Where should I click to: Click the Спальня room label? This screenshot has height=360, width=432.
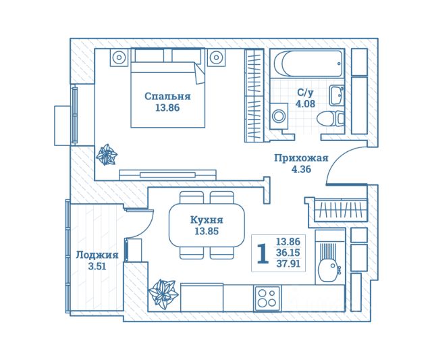point(167,96)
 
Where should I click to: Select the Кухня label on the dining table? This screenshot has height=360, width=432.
point(207,220)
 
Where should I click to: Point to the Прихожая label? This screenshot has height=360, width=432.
point(301,158)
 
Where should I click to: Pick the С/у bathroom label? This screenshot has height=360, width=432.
point(305,93)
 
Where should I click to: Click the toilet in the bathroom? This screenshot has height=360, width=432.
point(329,117)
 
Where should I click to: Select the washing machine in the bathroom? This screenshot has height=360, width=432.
point(278,116)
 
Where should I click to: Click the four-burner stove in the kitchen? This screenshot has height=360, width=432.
point(269,298)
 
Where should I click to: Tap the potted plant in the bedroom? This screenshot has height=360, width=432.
point(107,155)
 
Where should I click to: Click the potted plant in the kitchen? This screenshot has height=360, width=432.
point(163,294)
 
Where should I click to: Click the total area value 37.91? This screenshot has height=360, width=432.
point(288,264)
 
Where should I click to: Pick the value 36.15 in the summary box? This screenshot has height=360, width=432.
point(288,253)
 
